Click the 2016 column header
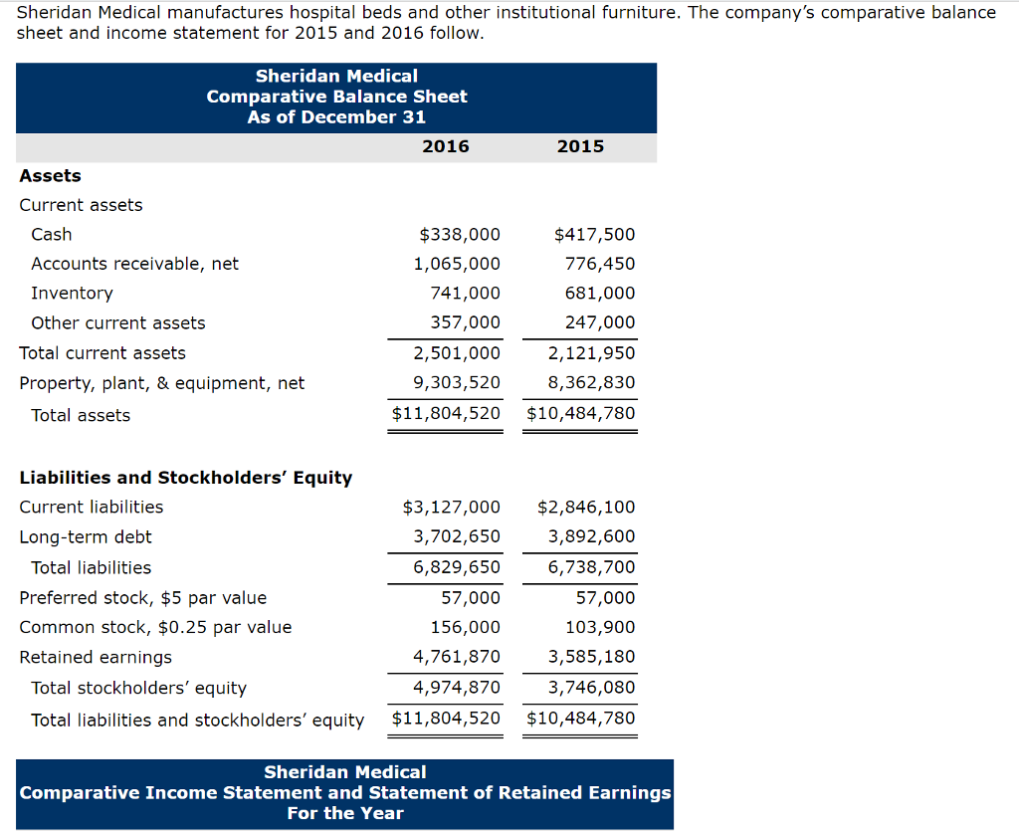click(446, 146)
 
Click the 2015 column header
click(580, 146)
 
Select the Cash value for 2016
click(460, 235)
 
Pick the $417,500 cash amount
click(594, 235)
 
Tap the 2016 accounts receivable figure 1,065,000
click(457, 264)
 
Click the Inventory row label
click(72, 294)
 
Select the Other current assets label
click(117, 323)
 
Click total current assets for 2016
click(457, 353)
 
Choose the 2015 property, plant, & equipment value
click(591, 383)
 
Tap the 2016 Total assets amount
click(446, 413)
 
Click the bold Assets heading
click(50, 176)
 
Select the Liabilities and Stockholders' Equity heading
click(186, 478)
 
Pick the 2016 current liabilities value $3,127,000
click(451, 508)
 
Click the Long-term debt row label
click(86, 537)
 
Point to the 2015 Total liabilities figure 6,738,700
click(591, 567)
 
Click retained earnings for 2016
click(457, 657)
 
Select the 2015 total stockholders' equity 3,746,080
click(591, 688)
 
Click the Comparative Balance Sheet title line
click(336, 97)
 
